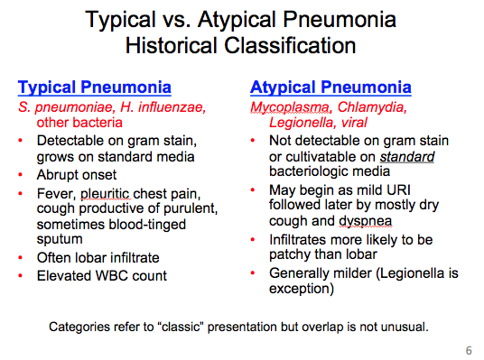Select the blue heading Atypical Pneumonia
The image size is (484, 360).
click(330, 88)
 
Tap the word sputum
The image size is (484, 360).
click(60, 239)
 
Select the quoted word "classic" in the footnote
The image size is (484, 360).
click(181, 325)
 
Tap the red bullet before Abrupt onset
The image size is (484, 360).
click(23, 174)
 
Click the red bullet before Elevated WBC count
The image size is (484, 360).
click(23, 275)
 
